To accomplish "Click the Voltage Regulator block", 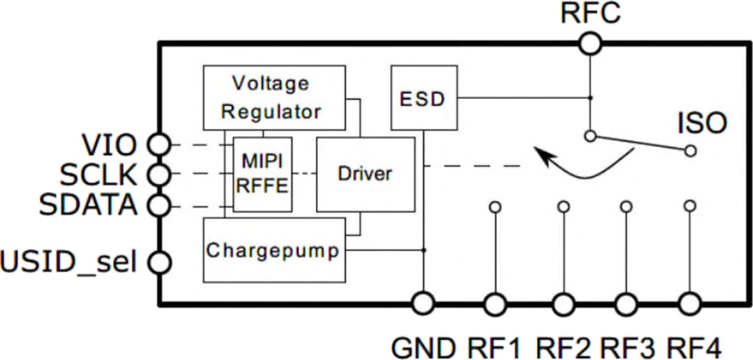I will (x=274, y=98).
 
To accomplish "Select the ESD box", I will (x=424, y=98).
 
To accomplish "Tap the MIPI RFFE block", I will (x=262, y=174).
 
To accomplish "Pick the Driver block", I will (x=365, y=174).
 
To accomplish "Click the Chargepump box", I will (x=274, y=250).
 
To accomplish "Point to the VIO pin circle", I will (x=160, y=145).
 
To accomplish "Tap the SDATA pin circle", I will (x=160, y=205).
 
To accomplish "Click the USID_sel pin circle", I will (x=160, y=262).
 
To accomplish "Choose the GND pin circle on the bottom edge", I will (x=423, y=303).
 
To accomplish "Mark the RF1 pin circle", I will (x=495, y=303).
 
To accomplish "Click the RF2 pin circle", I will (x=563, y=303).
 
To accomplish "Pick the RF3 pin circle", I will (x=626, y=303).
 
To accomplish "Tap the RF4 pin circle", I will (x=690, y=303).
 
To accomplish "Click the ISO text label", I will (x=702, y=124).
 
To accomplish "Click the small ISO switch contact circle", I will (x=690, y=150).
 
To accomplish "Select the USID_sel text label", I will (x=68, y=263).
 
